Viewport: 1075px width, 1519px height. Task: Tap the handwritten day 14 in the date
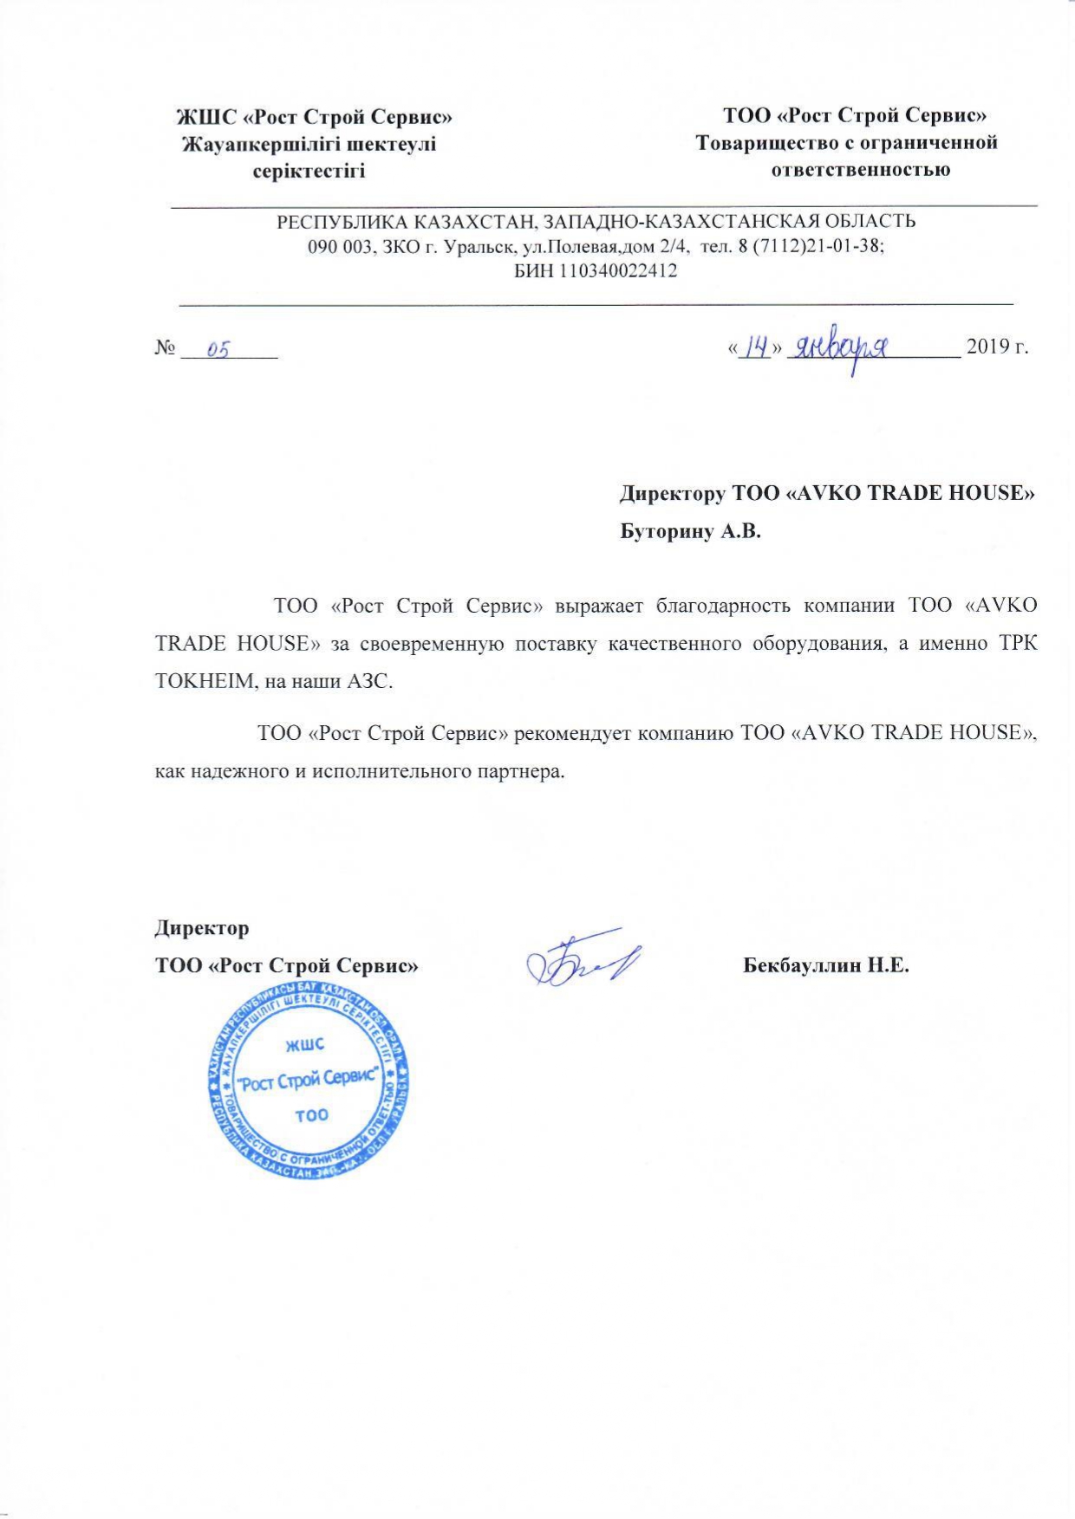pos(759,347)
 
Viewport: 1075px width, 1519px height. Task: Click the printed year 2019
pos(984,347)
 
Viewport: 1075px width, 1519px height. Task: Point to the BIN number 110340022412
pos(617,271)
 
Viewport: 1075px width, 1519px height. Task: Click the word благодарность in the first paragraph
pos(723,605)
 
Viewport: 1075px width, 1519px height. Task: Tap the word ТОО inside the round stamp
pos(311,1114)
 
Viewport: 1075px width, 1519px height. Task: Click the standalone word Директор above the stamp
pos(202,928)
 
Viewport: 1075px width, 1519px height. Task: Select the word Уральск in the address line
pos(474,246)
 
